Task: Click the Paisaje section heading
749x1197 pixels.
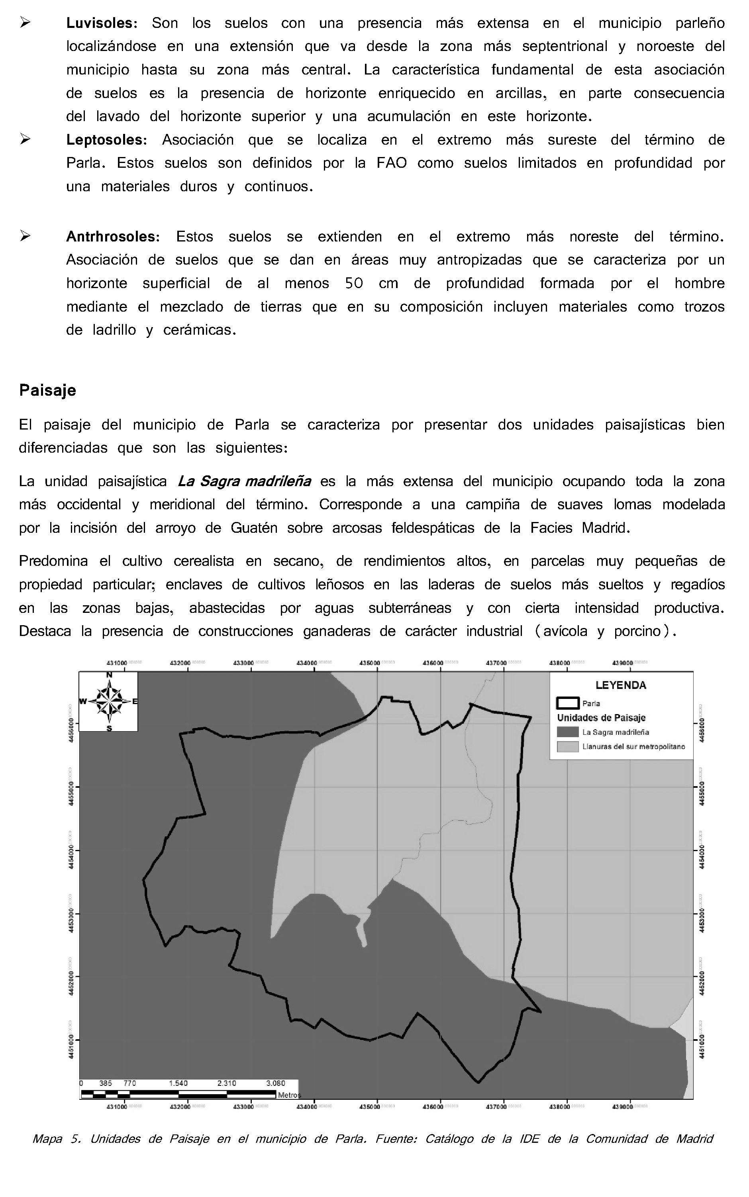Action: point(47,390)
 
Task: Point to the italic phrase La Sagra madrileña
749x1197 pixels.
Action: point(244,481)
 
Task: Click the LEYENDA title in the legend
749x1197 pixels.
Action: point(621,686)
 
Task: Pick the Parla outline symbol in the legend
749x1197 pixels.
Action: point(568,703)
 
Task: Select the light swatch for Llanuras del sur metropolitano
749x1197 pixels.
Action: point(568,747)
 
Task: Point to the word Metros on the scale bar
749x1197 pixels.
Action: point(289,1095)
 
